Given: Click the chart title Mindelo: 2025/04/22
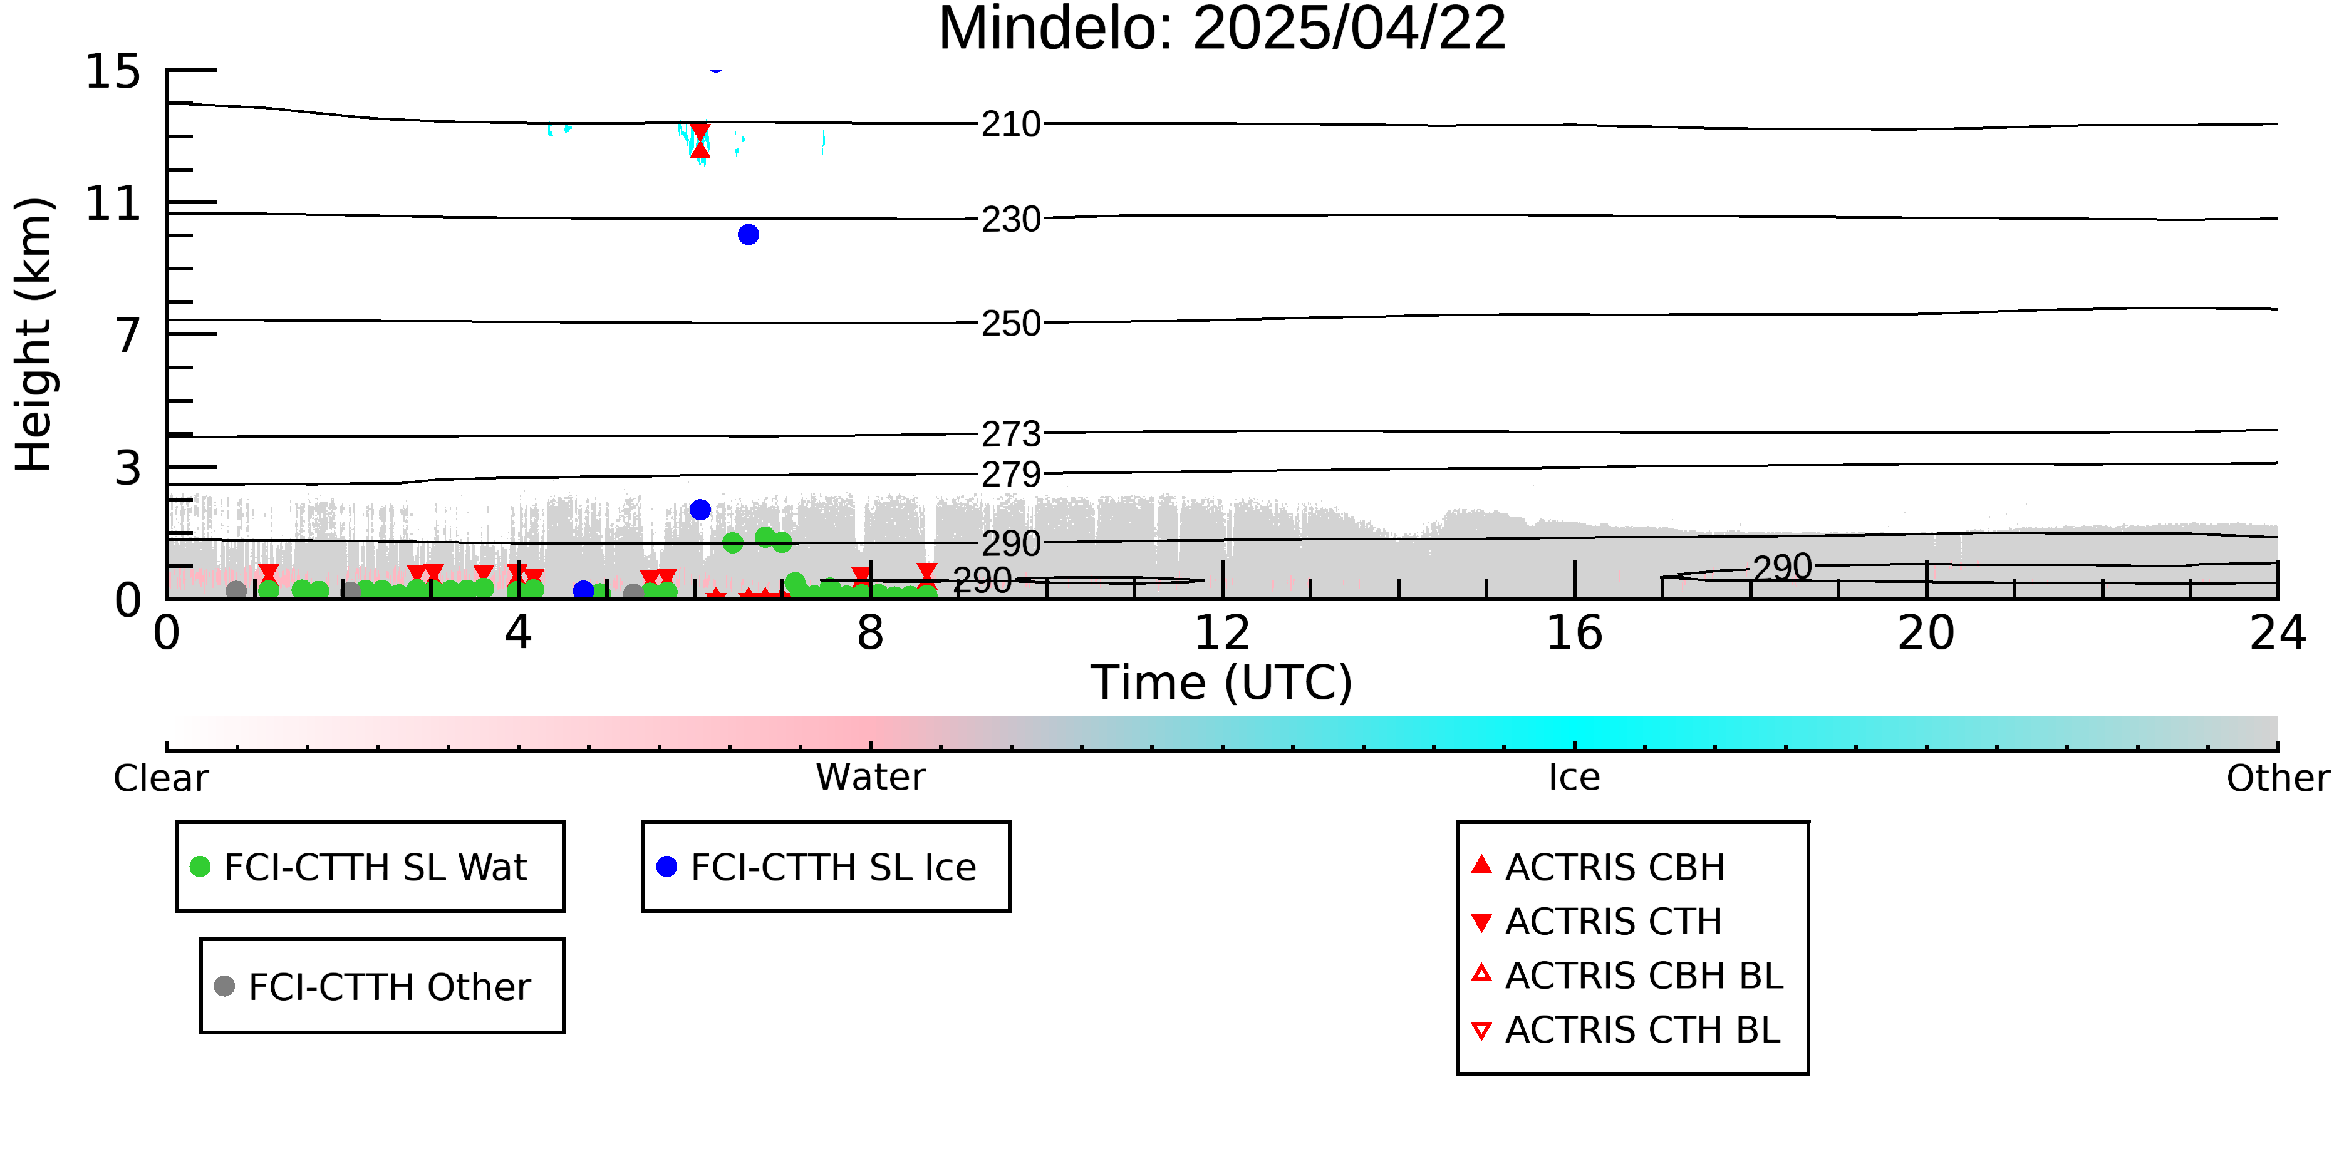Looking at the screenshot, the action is [1222, 29].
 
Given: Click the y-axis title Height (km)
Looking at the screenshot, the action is [34, 334].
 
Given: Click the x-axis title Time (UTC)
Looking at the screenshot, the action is [1222, 682].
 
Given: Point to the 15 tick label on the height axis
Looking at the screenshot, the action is [113, 71].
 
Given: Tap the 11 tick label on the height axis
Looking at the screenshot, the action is [113, 203].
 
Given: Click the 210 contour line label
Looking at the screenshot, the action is [1011, 124].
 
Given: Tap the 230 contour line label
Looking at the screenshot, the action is [1011, 220].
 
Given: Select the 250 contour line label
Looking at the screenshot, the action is [1011, 324].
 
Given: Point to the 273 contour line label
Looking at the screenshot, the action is [1011, 434].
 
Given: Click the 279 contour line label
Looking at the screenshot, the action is [1011, 475].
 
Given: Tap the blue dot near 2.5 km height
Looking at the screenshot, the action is [700, 510].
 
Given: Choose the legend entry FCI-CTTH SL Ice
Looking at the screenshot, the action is [817, 867].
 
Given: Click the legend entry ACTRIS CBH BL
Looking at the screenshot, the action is [1628, 976].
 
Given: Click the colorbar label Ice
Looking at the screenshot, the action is [1574, 778].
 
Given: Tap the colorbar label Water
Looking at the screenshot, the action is [871, 778].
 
